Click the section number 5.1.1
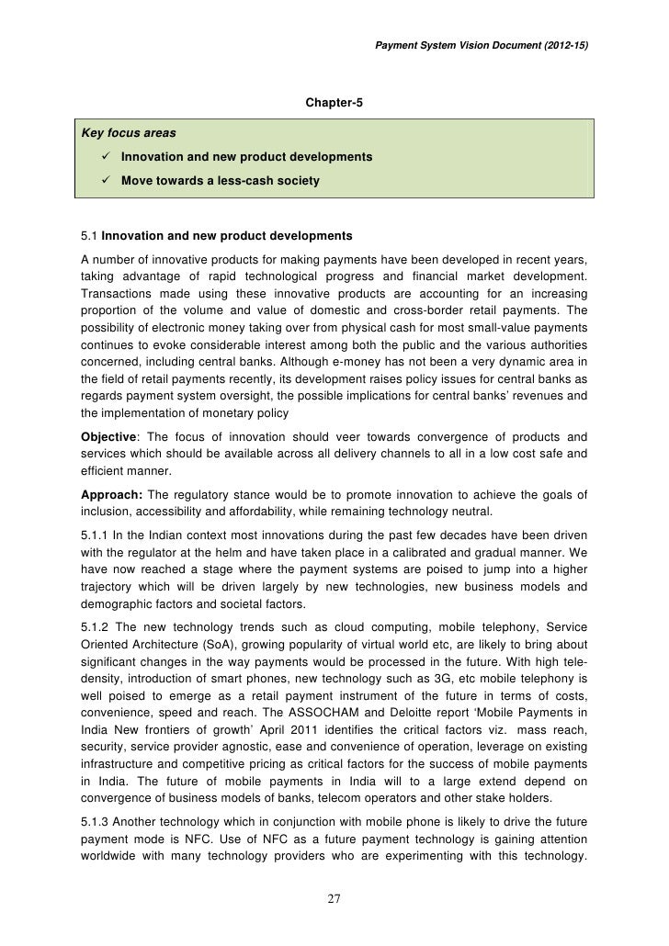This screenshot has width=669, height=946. coord(98,535)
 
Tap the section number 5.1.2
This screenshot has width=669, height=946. coord(98,627)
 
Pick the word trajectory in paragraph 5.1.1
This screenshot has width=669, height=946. coord(108,587)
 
